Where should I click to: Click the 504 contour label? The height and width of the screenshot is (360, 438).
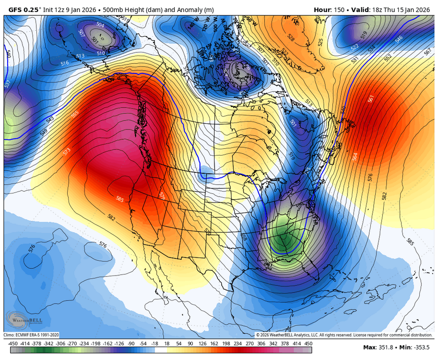coord(100,25)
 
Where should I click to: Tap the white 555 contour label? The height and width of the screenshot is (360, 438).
coord(75,114)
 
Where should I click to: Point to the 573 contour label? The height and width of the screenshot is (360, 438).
coord(67,152)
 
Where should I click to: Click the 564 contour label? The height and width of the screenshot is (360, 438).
coord(355,156)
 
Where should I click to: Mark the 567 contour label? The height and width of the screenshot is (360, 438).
coord(428,52)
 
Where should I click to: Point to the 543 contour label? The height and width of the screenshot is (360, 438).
coord(49,119)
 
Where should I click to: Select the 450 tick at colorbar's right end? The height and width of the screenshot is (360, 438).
coord(308,343)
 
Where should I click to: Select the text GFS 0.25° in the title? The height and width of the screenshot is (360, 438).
coord(24,9)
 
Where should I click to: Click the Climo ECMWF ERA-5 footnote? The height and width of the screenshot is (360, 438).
coord(32,335)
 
